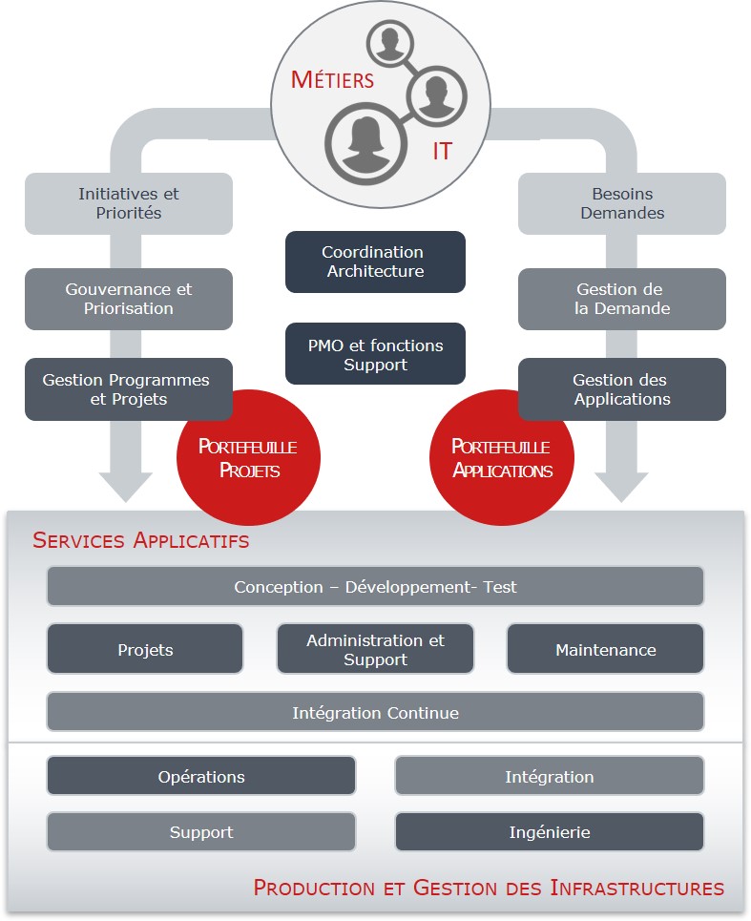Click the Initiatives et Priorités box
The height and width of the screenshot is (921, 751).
(129, 203)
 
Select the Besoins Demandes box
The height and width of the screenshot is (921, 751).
(622, 203)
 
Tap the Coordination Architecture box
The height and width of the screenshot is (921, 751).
(375, 262)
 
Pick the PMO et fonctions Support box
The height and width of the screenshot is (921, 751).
(375, 355)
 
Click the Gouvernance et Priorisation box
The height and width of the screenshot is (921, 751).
(129, 299)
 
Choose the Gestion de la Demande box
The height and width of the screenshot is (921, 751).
(622, 299)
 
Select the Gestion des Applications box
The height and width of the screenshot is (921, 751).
(622, 389)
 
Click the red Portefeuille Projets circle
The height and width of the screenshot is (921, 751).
(248, 458)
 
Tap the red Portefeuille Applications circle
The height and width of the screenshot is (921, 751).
(502, 458)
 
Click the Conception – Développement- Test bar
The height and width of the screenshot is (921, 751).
(375, 587)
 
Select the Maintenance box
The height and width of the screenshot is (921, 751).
(605, 650)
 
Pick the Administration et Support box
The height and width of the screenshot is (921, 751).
(375, 650)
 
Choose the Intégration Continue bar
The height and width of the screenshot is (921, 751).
(375, 713)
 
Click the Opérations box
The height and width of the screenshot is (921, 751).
(201, 777)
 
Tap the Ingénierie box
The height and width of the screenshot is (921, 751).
(550, 832)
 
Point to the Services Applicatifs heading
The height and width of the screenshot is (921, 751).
(141, 541)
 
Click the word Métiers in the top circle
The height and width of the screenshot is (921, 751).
(332, 79)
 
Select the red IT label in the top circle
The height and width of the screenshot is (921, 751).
(442, 151)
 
